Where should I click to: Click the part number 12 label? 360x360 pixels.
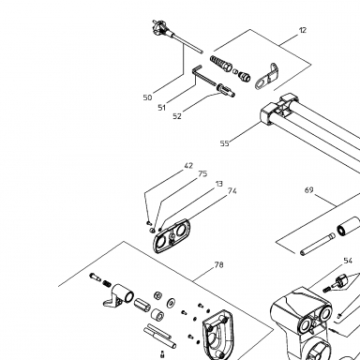click(x=303, y=30)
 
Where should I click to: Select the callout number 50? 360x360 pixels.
click(x=147, y=97)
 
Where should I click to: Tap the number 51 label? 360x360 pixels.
click(x=161, y=108)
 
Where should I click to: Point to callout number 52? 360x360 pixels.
click(x=177, y=116)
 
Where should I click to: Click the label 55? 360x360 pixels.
click(x=224, y=143)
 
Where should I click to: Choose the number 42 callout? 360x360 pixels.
click(x=188, y=166)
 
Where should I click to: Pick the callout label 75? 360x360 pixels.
click(x=202, y=173)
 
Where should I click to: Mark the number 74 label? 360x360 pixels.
click(x=232, y=191)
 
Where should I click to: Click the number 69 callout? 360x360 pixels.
click(x=308, y=190)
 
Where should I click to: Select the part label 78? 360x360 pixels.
click(x=218, y=265)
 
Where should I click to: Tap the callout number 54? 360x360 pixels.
click(x=348, y=261)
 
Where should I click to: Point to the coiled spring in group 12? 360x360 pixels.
click(x=221, y=63)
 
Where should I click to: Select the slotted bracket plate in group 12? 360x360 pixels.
click(x=266, y=77)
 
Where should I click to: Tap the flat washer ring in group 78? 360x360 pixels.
click(x=171, y=302)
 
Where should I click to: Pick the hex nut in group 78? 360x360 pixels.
click(x=157, y=295)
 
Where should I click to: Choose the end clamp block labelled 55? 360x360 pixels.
click(x=269, y=115)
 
